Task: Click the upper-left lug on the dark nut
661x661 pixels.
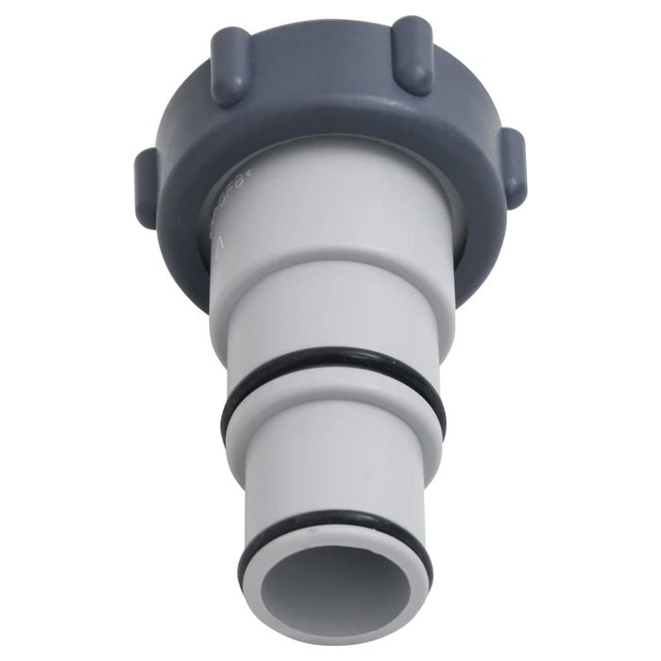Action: (x=230, y=64)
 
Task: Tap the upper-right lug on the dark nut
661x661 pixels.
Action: (x=412, y=54)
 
